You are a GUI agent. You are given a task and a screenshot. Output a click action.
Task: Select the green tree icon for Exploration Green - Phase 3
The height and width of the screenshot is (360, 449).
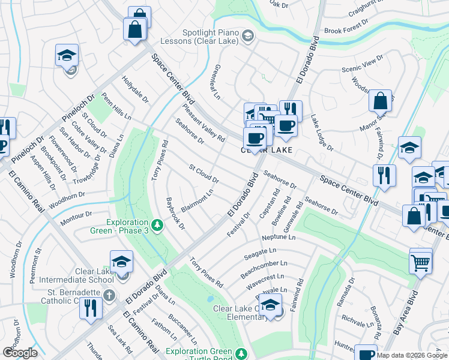157,225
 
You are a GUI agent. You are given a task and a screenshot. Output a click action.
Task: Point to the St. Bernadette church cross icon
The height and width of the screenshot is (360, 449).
109,295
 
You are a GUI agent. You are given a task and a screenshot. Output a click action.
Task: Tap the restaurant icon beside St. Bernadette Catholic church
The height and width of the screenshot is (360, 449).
91,308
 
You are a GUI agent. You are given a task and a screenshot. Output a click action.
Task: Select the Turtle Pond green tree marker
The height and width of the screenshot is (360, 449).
241,353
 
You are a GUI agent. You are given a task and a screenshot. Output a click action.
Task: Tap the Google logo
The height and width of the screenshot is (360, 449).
20,353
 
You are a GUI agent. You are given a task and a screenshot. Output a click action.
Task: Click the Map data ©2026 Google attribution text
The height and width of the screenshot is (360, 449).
412,355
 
